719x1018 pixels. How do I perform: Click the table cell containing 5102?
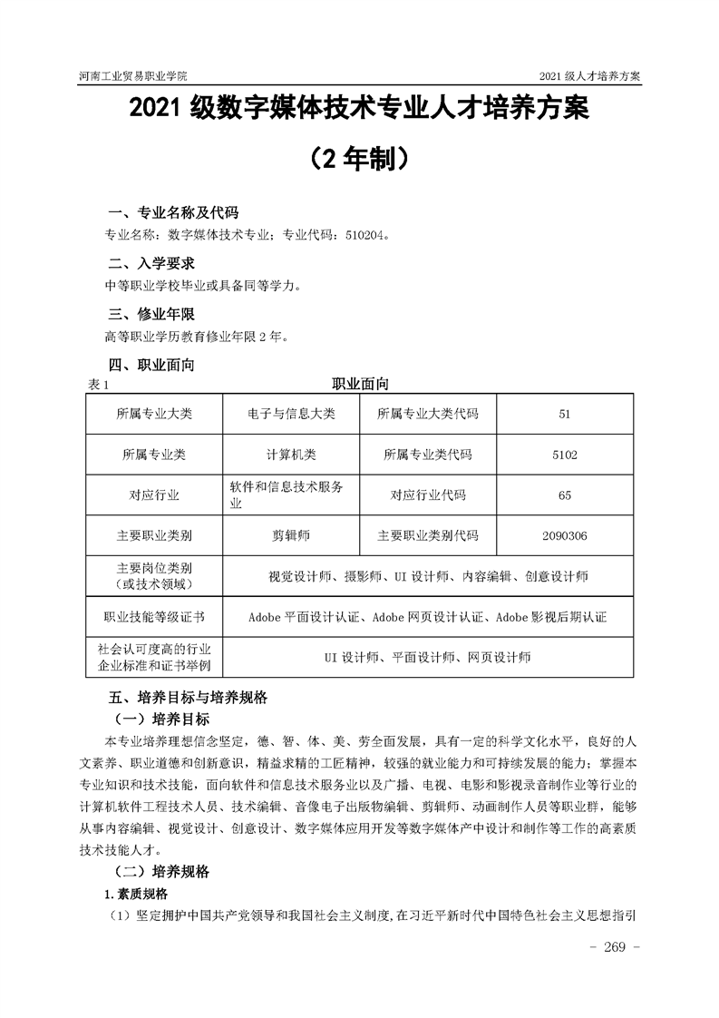[564, 455]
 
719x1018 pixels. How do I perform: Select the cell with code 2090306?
[564, 536]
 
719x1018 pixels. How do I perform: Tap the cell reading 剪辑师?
[291, 536]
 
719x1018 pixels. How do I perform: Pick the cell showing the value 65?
[564, 495]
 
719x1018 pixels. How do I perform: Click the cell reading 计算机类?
[291, 455]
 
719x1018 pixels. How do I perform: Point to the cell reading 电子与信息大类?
[291, 414]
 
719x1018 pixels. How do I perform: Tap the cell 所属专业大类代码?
[428, 414]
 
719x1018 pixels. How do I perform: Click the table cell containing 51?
[564, 414]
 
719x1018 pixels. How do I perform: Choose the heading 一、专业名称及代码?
[173, 213]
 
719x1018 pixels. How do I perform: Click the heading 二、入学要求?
[151, 264]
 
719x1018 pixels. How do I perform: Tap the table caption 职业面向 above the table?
[360, 384]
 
